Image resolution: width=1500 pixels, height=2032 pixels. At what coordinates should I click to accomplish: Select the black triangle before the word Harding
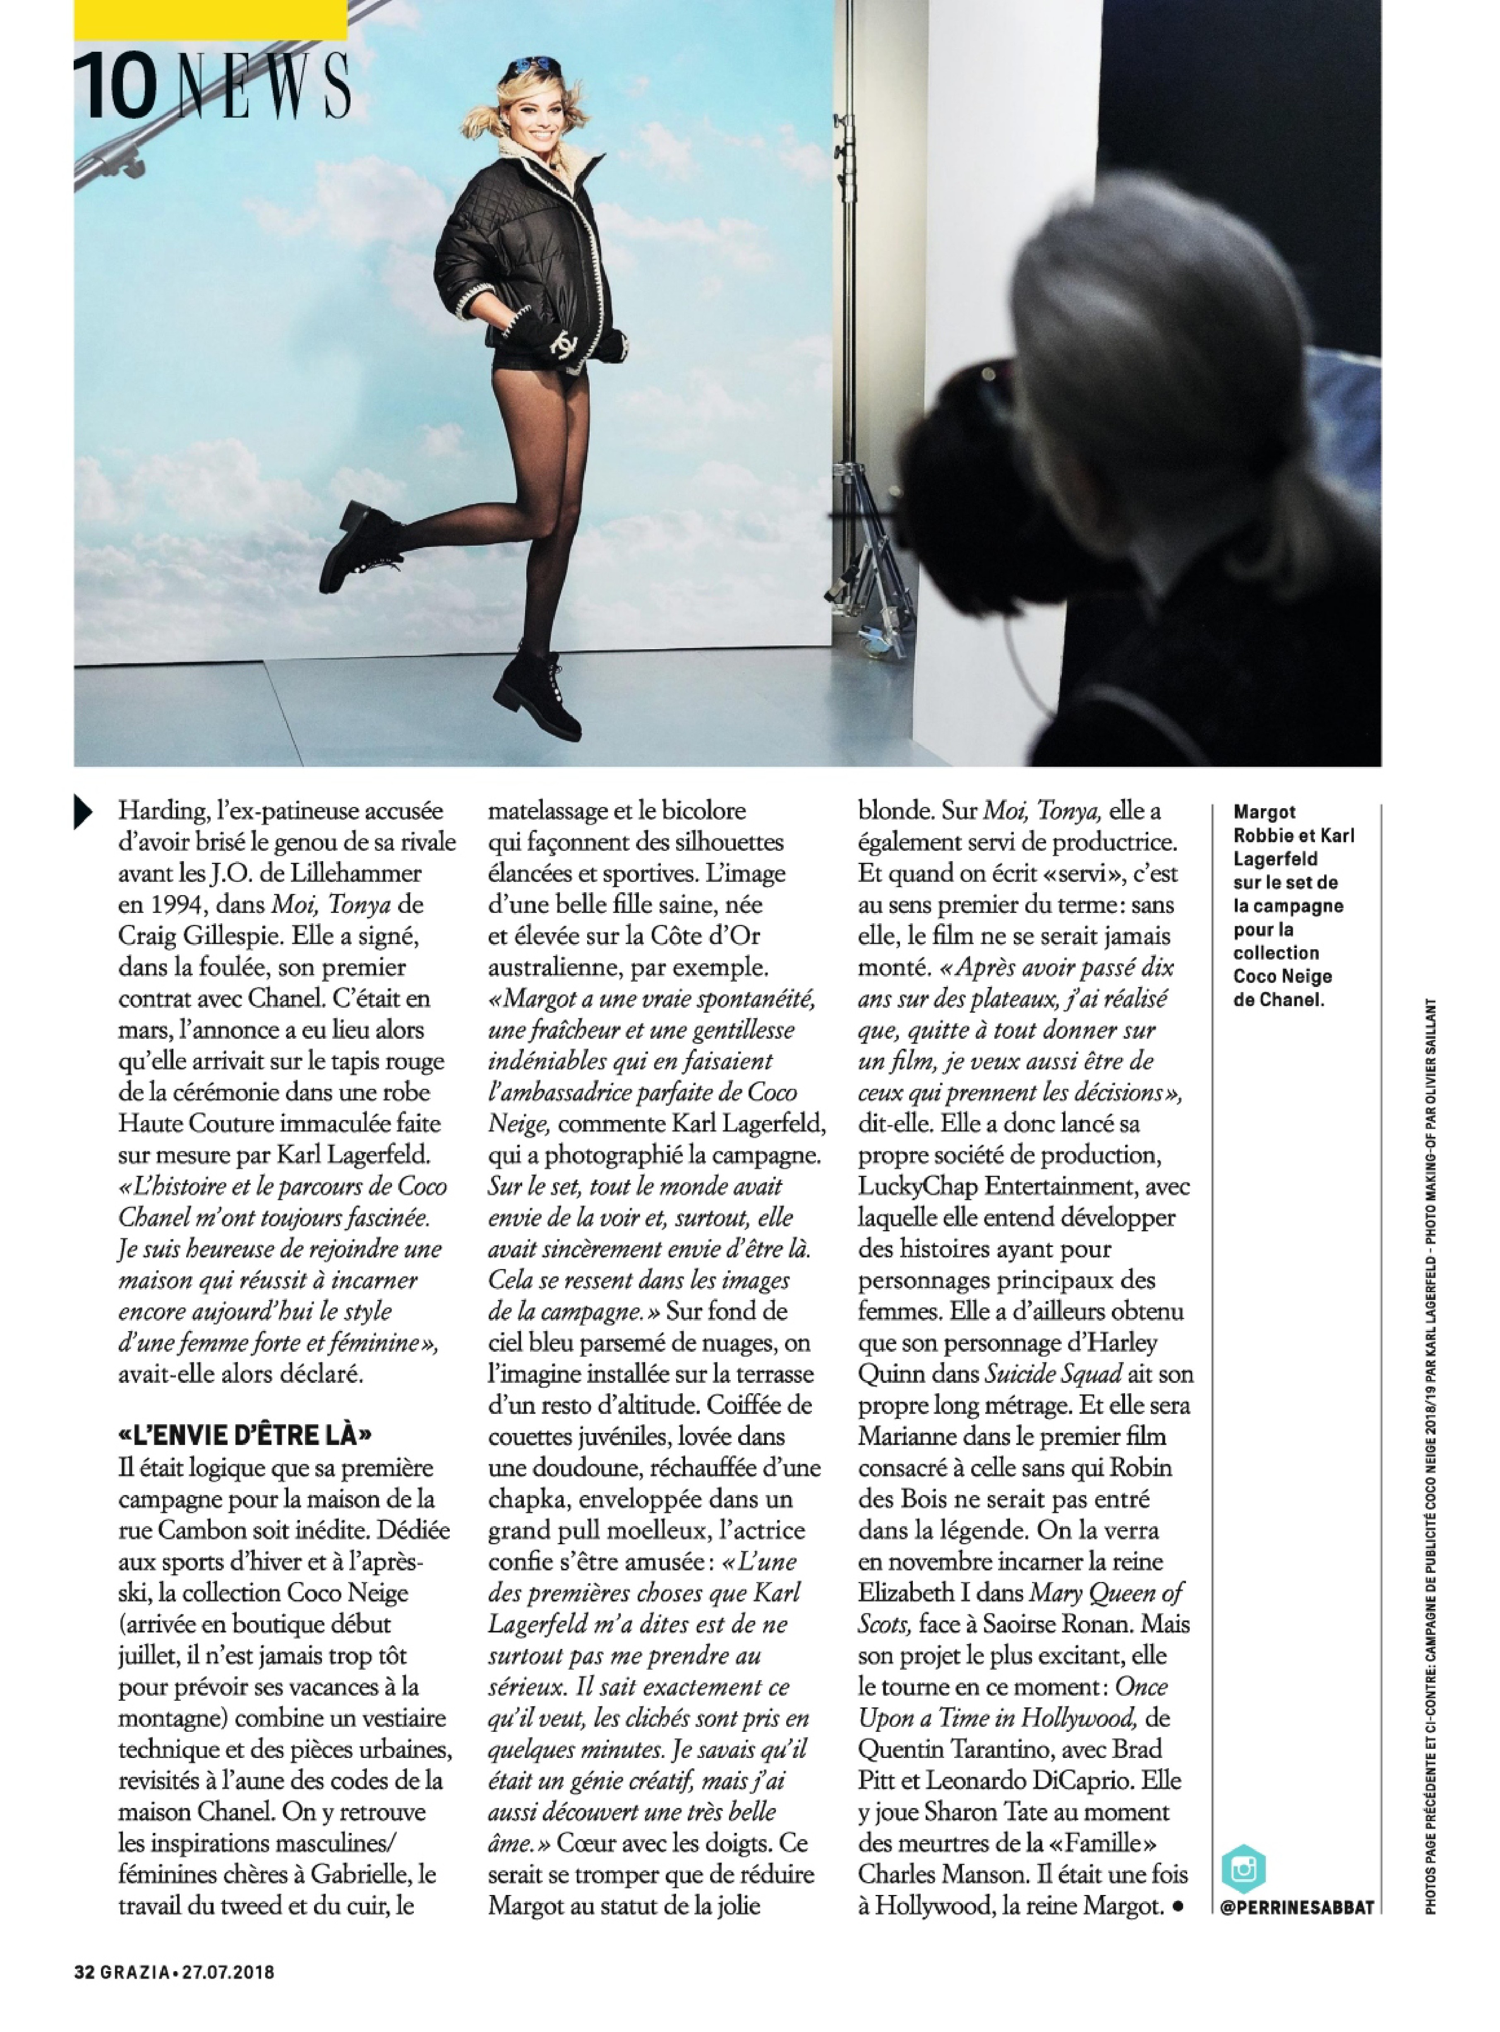(x=84, y=811)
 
